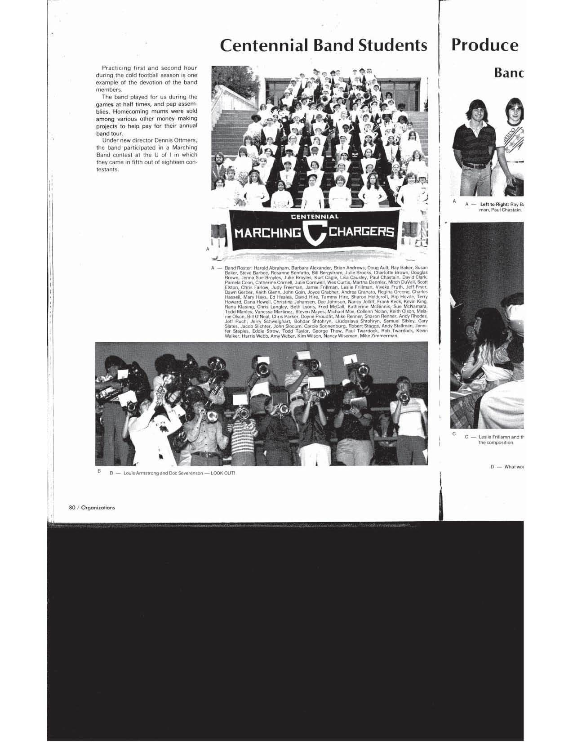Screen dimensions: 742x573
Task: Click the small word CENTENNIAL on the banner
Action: (315, 217)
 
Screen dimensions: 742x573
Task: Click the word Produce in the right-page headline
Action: (485, 45)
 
